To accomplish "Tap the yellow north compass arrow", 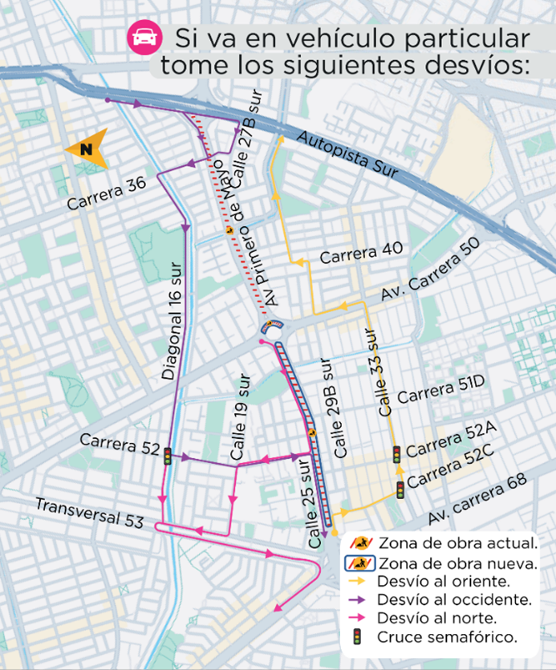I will click(x=86, y=148).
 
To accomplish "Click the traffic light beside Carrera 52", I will click(x=168, y=457).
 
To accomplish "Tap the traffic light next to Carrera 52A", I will click(x=396, y=453).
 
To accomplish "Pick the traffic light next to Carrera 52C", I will click(x=400, y=489).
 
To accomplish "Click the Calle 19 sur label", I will click(x=241, y=417).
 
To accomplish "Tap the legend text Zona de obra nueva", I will click(x=458, y=562).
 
